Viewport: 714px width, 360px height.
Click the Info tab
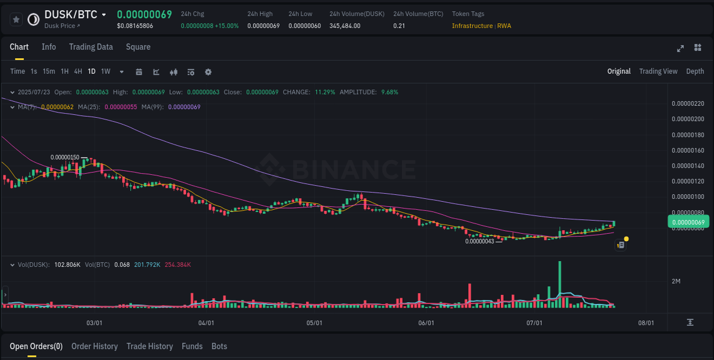49,47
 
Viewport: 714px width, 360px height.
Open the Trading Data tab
91,47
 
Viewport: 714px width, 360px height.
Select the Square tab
138,47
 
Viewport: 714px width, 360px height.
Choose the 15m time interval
49,71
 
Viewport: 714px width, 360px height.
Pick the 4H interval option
78,71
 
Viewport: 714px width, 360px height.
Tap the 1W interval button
106,71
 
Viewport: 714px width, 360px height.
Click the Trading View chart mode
658,71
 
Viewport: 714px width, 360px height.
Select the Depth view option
695,71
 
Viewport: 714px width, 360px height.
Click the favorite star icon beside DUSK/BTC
17,19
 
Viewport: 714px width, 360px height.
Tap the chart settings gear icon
208,72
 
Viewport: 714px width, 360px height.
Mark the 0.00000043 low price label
479,241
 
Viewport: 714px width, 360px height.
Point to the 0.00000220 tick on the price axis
688,103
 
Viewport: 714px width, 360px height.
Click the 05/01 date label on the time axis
314,323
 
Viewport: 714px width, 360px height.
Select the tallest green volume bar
560,284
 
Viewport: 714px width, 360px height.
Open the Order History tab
94,346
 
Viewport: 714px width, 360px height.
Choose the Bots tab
219,346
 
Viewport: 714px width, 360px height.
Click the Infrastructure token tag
472,26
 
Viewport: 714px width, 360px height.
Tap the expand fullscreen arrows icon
680,48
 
